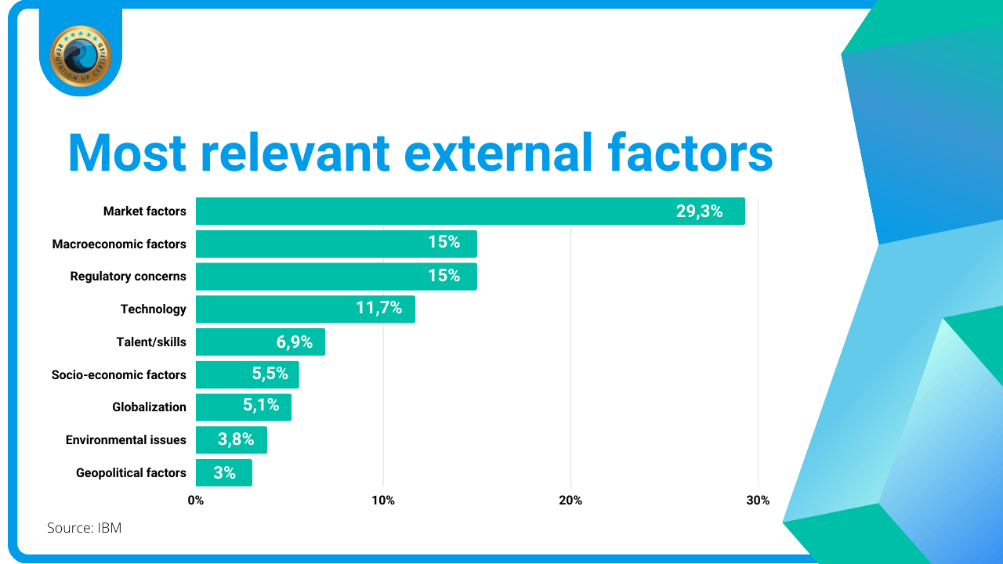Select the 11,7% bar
click(305, 309)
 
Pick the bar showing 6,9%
click(260, 342)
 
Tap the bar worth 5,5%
click(247, 374)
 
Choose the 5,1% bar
click(244, 407)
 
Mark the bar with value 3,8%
click(231, 440)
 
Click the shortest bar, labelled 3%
click(223, 473)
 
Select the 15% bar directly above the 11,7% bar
click(335, 277)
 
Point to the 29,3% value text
click(699, 211)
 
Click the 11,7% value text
click(379, 309)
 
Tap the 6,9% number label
click(295, 342)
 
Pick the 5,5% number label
click(270, 374)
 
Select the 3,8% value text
click(236, 440)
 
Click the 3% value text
click(224, 473)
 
